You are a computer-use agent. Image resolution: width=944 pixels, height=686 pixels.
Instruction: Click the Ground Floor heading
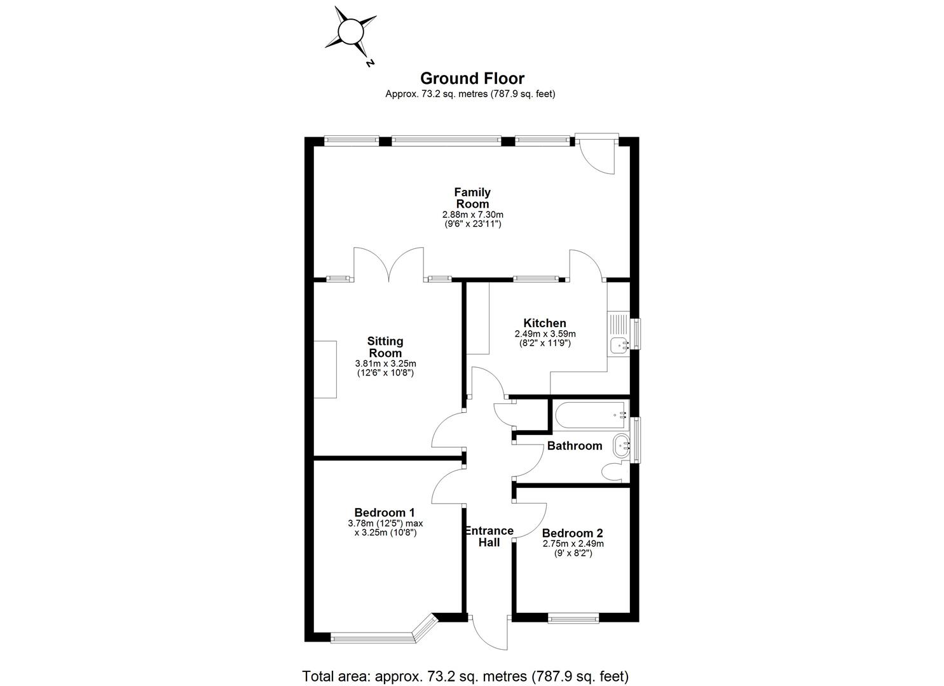click(472, 79)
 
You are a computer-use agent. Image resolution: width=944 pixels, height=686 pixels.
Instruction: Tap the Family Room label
click(472, 198)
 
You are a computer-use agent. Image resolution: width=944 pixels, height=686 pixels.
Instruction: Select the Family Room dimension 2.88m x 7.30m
click(472, 215)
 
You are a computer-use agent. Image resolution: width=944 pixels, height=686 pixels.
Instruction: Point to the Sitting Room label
click(385, 347)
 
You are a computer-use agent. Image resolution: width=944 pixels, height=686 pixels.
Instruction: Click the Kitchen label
click(544, 323)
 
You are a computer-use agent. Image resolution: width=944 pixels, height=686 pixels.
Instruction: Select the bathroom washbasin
click(620, 445)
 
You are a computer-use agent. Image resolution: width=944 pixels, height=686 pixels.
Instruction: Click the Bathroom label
click(575, 446)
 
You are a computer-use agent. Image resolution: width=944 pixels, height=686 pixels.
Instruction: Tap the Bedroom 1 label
click(385, 513)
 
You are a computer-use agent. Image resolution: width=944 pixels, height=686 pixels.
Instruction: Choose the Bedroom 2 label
click(573, 534)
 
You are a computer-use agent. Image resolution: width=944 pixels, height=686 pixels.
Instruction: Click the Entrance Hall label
click(489, 537)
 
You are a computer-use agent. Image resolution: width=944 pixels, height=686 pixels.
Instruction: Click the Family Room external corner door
click(597, 152)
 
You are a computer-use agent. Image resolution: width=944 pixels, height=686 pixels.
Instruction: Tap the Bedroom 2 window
click(573, 617)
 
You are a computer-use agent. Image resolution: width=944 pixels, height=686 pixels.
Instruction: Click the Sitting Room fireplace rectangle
click(325, 369)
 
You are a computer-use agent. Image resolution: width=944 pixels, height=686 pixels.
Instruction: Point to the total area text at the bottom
click(465, 675)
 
